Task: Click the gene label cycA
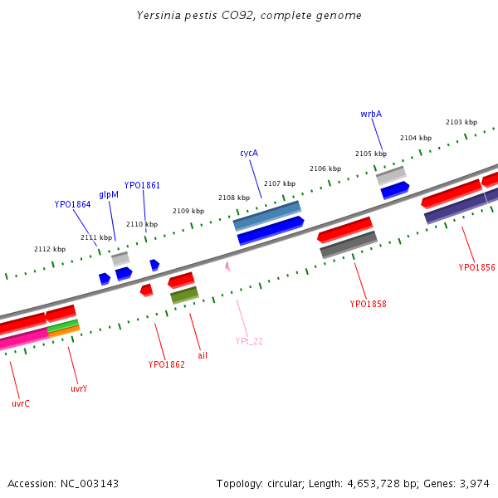[x=249, y=153]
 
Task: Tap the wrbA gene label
[x=371, y=114]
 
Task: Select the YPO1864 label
[x=73, y=203]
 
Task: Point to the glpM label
[x=109, y=194]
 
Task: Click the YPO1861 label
[x=142, y=185]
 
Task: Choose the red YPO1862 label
[x=167, y=364]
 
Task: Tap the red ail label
[x=203, y=355]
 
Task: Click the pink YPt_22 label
[x=249, y=341]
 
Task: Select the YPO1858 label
[x=368, y=304]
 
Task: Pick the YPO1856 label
[x=476, y=267]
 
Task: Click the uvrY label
[x=79, y=388]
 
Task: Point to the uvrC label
[x=21, y=403]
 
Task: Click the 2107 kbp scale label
[x=280, y=183]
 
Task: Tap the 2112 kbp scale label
[x=50, y=249]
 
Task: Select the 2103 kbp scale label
[x=461, y=122]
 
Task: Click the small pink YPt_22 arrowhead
[x=227, y=266]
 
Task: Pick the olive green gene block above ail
[x=184, y=295]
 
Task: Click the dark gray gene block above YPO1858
[x=349, y=245]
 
